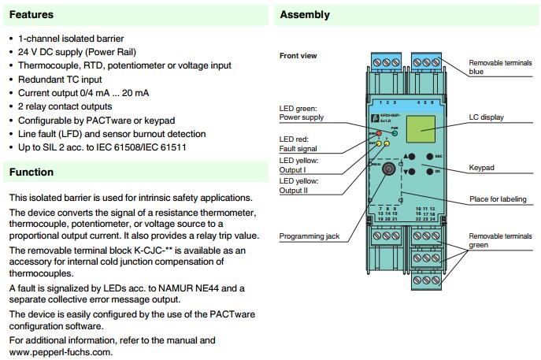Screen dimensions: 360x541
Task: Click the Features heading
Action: tap(31, 14)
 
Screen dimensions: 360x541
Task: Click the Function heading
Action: tap(31, 172)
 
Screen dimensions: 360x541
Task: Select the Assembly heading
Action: tap(305, 14)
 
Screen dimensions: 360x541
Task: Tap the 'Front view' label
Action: tap(299, 56)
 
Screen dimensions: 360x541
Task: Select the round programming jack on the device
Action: tap(387, 168)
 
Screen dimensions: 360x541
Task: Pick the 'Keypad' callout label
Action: tap(482, 167)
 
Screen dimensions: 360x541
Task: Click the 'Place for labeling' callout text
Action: tap(498, 199)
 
